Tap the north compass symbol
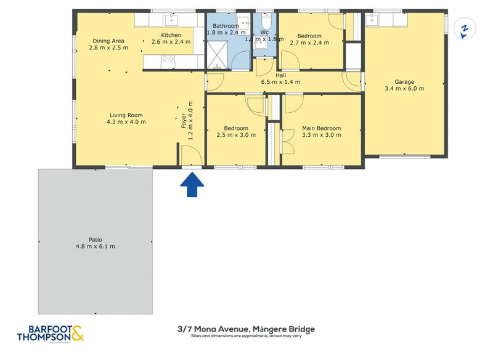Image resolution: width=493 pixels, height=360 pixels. click(465, 28)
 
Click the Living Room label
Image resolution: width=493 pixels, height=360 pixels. click(126, 115)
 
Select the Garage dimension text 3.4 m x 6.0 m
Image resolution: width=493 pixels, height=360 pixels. click(404, 88)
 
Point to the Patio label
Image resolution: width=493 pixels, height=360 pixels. click(95, 240)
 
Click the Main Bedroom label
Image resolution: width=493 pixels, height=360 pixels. click(321, 128)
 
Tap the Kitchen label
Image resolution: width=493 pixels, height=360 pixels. click(171, 35)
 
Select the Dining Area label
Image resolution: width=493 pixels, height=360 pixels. click(108, 41)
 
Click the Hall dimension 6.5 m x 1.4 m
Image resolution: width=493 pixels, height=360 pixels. click(280, 82)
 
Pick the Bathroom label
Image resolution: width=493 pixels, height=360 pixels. click(226, 26)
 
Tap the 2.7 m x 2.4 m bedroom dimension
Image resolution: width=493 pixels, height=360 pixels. click(309, 43)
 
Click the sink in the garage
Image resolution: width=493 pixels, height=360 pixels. click(372, 20)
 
